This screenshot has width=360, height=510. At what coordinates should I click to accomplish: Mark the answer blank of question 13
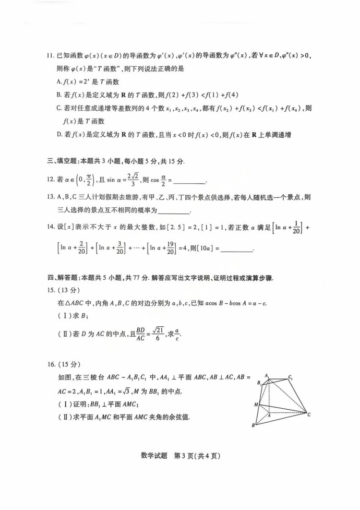tap(173, 211)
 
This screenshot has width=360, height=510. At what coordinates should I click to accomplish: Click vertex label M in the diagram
tap(256, 404)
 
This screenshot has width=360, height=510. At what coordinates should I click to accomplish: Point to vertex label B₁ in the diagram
tap(259, 384)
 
